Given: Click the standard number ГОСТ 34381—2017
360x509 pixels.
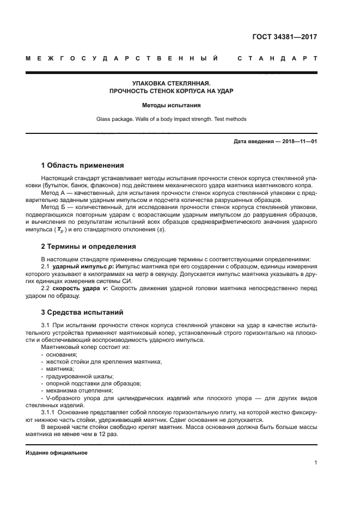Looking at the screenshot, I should click(x=285, y=38).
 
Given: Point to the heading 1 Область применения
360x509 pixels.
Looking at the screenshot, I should click(x=83, y=165).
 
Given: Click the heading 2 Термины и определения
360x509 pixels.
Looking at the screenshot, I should click(x=89, y=247).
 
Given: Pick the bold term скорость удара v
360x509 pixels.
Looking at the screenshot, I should click(x=76, y=288).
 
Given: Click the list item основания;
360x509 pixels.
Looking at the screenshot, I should click(x=62, y=354).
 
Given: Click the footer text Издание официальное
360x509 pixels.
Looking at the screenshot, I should click(x=57, y=453).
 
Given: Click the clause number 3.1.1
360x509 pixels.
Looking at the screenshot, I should click(x=48, y=413).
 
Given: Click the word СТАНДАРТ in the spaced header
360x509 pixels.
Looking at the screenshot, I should click(x=277, y=58).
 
